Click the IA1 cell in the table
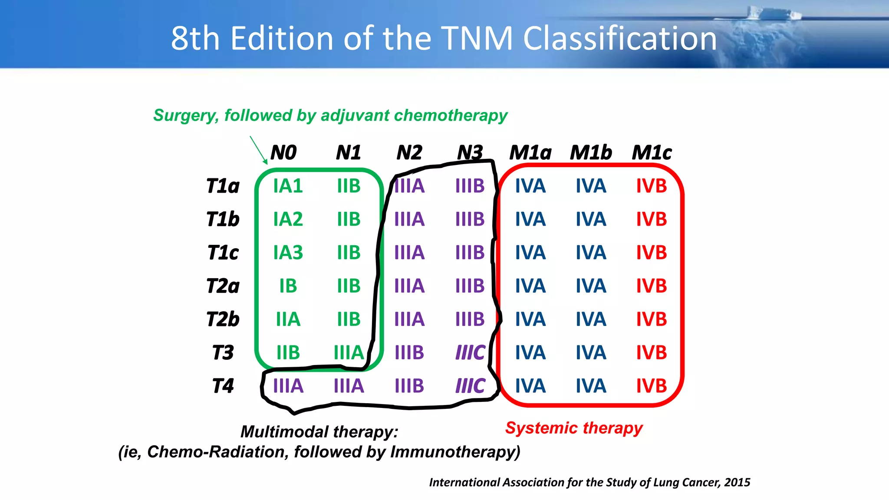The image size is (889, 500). click(288, 186)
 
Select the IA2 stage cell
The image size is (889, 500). click(288, 219)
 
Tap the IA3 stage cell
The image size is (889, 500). click(288, 253)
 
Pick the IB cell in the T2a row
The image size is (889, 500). click(288, 286)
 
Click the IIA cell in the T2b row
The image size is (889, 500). click(288, 319)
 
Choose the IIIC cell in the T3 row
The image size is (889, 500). click(470, 352)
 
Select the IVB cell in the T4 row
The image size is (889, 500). click(651, 386)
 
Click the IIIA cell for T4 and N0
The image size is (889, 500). click(288, 386)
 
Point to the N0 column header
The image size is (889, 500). click(283, 153)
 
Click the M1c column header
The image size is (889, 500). click(651, 153)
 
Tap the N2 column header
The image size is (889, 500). click(409, 153)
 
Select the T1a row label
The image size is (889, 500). click(223, 186)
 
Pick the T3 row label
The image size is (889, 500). click(223, 352)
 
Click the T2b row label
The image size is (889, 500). click(223, 319)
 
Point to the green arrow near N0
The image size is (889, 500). click(259, 150)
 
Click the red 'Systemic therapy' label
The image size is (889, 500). click(574, 428)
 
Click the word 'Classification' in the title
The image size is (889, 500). click(620, 39)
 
